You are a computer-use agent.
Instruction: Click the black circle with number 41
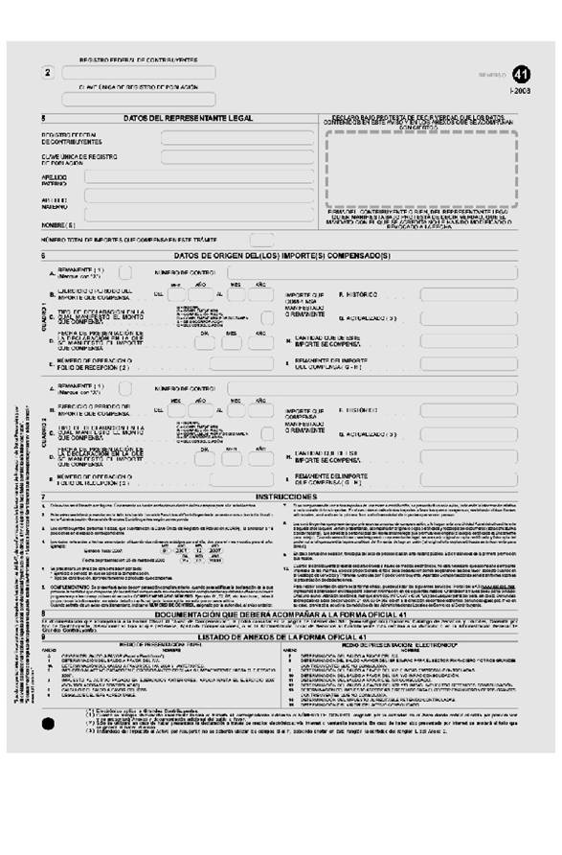pos(520,73)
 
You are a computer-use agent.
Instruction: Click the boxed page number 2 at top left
pos(47,73)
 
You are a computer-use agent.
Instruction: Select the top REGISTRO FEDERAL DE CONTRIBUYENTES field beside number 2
pos(138,72)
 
